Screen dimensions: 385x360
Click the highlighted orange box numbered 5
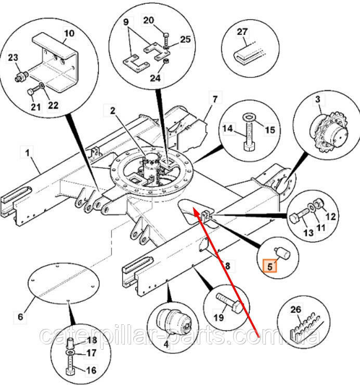[x=269, y=266]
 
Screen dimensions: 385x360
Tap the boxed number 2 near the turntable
[x=113, y=110]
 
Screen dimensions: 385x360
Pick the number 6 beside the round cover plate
[x=21, y=316]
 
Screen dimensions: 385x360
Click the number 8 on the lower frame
[x=226, y=265]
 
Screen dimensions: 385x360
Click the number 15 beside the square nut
[x=269, y=129]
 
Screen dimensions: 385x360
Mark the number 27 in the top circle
[x=243, y=31]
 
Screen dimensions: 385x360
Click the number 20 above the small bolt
[x=148, y=20]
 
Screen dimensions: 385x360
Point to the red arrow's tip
[x=193, y=208]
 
